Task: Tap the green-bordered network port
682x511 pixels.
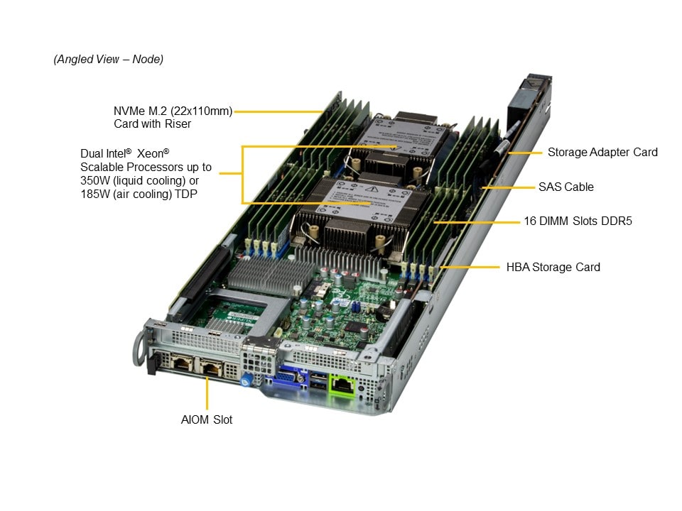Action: [342, 385]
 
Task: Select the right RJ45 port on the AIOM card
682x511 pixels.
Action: [212, 368]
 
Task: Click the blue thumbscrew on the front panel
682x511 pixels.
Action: [246, 381]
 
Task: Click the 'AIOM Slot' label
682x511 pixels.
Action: [207, 419]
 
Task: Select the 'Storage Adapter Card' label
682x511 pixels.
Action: [602, 152]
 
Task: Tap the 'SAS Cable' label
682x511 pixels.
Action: [566, 187]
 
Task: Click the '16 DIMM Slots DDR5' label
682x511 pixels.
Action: [578, 221]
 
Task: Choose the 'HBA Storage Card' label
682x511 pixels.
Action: [553, 268]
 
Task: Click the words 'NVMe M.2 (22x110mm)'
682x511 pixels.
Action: [173, 111]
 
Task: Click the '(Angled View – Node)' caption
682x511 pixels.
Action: [108, 59]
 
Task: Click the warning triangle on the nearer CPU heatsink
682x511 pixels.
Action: [372, 189]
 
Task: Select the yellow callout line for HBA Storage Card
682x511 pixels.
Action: [470, 267]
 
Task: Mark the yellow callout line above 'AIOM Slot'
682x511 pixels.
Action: [207, 392]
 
